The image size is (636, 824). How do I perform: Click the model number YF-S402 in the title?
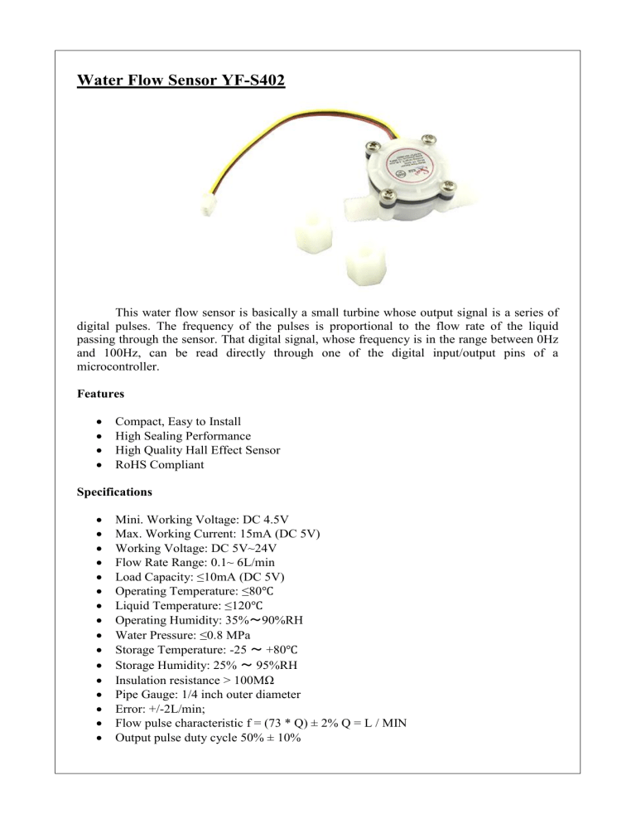pyautogui.click(x=247, y=82)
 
